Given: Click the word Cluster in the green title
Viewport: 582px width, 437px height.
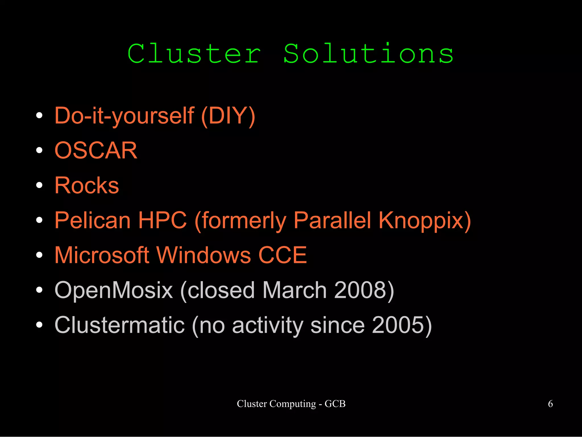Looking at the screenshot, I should [194, 54].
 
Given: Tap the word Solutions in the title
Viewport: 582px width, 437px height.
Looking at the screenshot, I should [368, 54].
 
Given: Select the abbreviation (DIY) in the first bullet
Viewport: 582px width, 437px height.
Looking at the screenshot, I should [228, 116].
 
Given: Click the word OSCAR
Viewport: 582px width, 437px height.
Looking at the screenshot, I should [96, 150].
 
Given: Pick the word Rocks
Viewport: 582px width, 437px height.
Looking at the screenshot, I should [87, 185].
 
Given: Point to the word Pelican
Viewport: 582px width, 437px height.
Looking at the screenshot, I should [93, 220].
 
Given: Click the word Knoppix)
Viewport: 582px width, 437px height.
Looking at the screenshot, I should [425, 221].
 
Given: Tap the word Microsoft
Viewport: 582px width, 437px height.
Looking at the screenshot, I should [102, 255].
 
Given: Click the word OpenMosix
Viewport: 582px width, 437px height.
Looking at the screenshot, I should [114, 290].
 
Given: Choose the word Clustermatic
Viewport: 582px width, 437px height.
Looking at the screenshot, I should [120, 325].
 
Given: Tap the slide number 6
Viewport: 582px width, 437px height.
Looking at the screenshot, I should [550, 404].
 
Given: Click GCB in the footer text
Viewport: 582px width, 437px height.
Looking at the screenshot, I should [335, 404].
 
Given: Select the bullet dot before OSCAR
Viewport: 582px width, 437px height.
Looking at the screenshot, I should [39, 150].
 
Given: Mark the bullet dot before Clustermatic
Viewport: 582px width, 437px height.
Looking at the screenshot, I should [39, 325].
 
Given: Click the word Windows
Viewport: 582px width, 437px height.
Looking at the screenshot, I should [204, 255].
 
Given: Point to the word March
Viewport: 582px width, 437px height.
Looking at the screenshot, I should [294, 290].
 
